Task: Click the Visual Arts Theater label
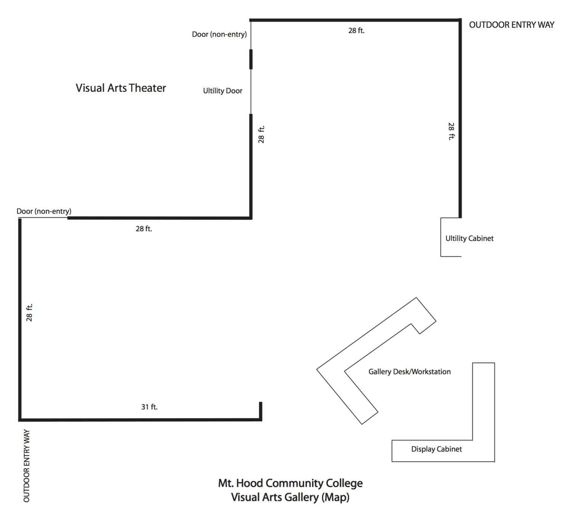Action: [121, 88]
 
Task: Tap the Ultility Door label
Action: [222, 91]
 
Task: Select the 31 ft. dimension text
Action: [149, 407]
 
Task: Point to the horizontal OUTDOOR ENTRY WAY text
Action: [511, 25]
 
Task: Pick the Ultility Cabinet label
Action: [469, 238]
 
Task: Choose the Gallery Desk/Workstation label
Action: [409, 372]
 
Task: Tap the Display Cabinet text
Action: [436, 449]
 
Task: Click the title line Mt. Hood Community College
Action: [290, 483]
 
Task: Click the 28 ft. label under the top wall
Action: [356, 30]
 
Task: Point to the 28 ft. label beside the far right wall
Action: [451, 131]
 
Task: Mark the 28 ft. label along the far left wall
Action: [29, 312]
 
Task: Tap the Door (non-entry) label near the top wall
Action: [219, 34]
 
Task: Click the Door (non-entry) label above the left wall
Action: [44, 211]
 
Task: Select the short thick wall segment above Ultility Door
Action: [251, 59]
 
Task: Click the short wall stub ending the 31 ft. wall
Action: [261, 411]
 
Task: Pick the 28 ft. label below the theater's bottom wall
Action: [144, 229]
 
